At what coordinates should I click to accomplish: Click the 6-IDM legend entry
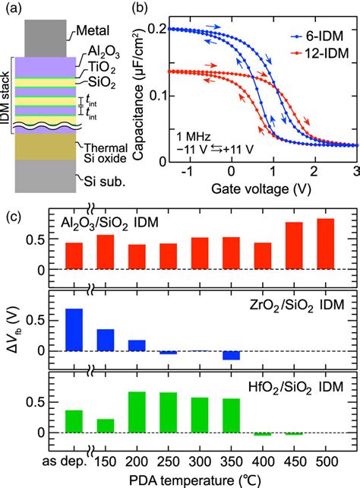coord(316,35)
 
